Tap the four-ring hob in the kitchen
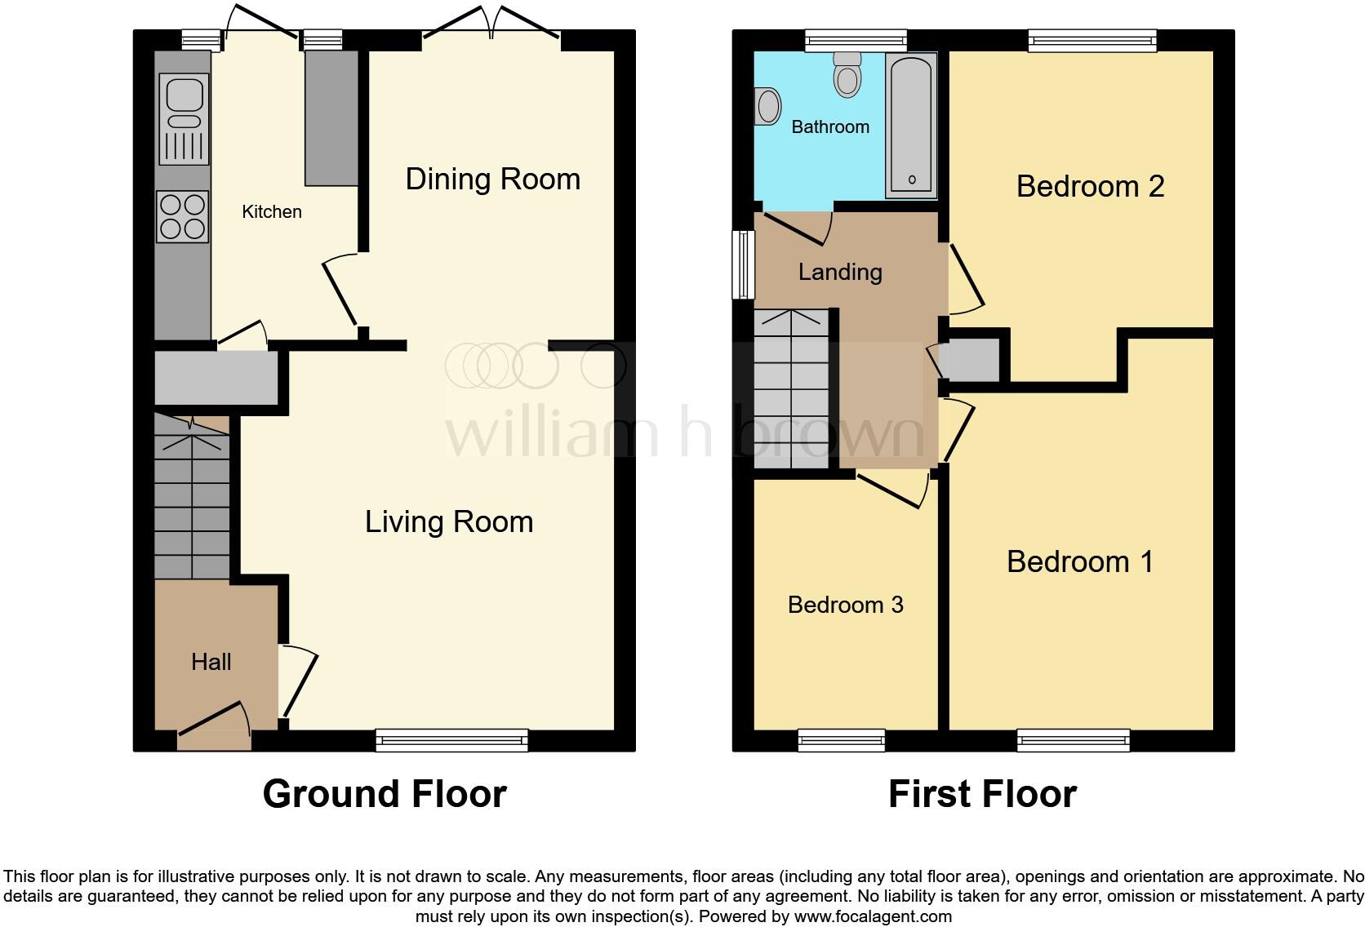click(x=183, y=216)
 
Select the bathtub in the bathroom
click(x=911, y=126)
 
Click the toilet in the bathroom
click(x=848, y=75)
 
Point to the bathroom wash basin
click(x=768, y=106)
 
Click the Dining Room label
click(x=492, y=180)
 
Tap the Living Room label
click(x=448, y=522)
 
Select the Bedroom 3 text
click(x=845, y=605)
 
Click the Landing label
click(x=840, y=272)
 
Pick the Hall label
click(x=211, y=662)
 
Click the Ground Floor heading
click(x=385, y=794)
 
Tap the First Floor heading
click(x=982, y=794)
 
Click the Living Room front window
click(x=451, y=740)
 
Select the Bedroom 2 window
click(x=1092, y=40)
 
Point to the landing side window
click(x=743, y=264)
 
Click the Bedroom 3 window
click(x=842, y=740)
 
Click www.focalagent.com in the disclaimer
click(x=873, y=916)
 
